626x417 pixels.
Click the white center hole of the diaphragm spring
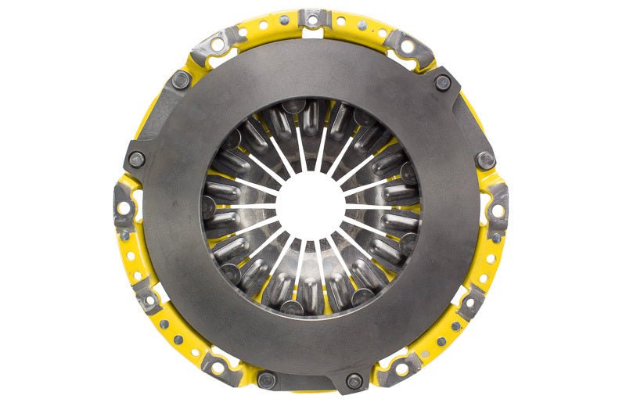coord(312,206)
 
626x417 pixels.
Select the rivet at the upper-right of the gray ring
coord(443,81)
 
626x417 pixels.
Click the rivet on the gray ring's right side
coord(486,160)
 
